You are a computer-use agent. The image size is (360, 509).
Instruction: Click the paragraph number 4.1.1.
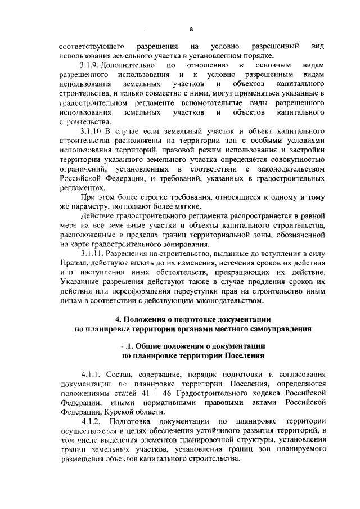[93, 373]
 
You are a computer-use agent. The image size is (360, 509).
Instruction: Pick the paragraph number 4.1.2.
[93, 420]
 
